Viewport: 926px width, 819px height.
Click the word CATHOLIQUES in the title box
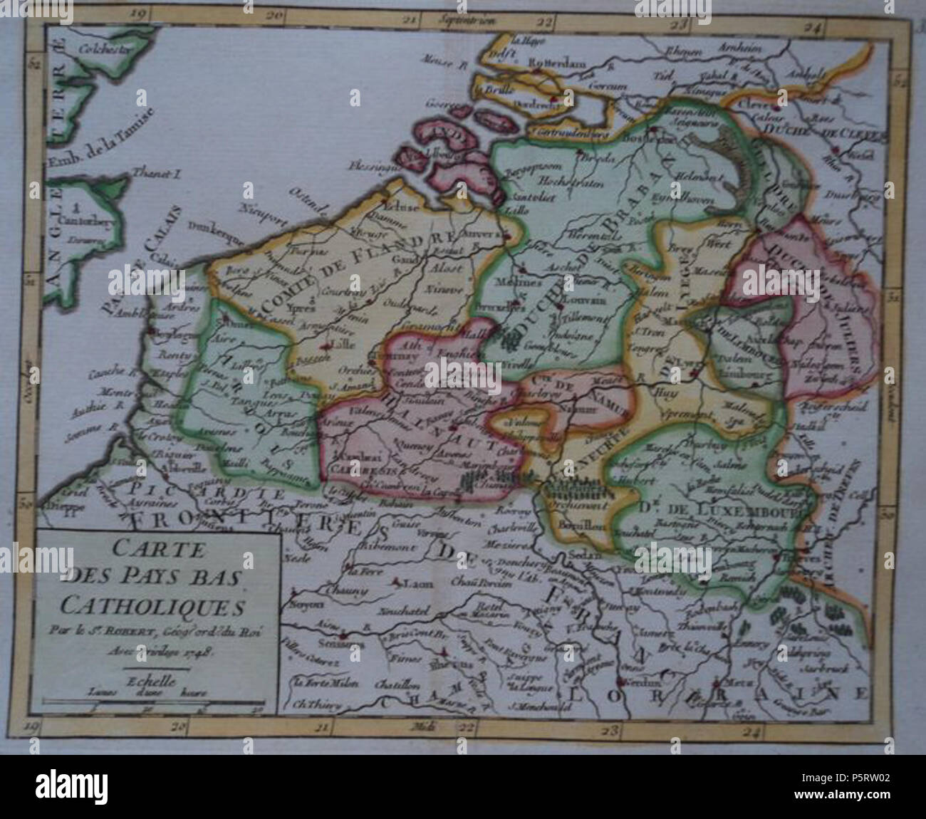[x=151, y=607]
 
